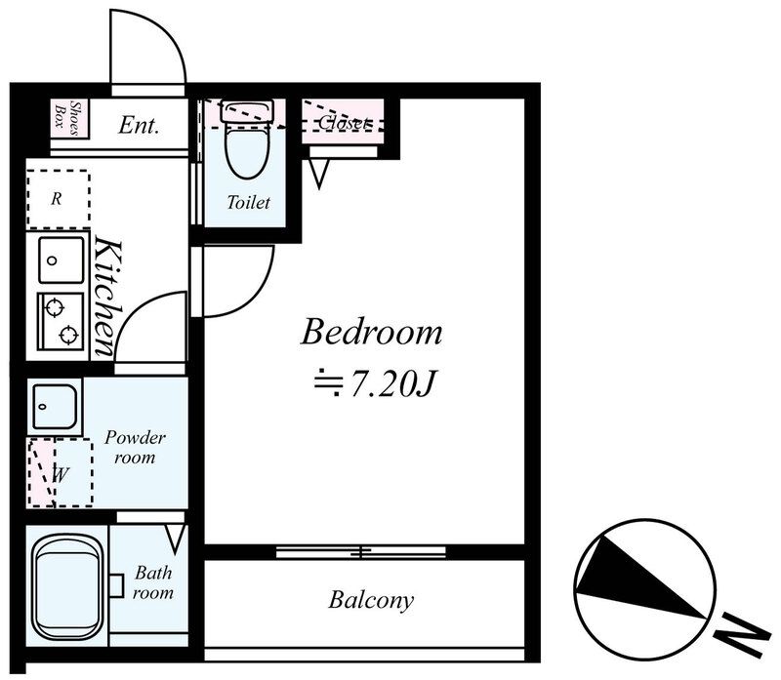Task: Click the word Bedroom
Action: coord(372,332)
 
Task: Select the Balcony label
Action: coord(371,600)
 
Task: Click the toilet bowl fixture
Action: coord(247,140)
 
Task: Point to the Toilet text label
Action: coord(248,202)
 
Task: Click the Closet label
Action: coord(345,123)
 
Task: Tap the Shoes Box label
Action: coord(68,118)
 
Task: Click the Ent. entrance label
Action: coord(139,125)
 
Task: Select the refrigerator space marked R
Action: coord(59,199)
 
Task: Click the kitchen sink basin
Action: coord(62,260)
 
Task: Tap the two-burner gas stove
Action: coord(61,321)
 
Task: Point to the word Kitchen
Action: coord(108,297)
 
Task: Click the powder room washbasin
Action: coord(55,406)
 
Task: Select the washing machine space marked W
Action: coord(61,473)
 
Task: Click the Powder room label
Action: coord(135,447)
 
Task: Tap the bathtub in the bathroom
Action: coord(67,586)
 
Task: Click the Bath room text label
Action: coord(153,582)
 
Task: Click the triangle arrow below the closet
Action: coord(319,173)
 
